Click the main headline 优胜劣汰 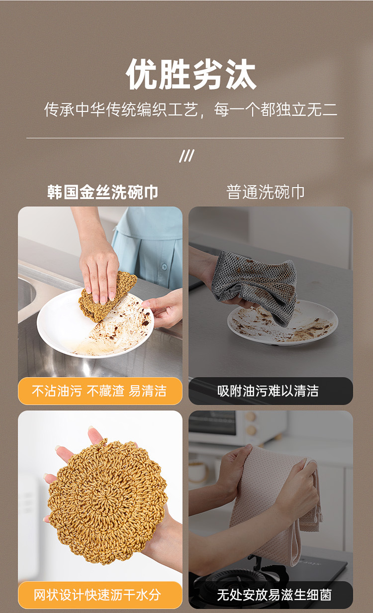pyautogui.click(x=191, y=74)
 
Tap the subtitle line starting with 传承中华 pyautogui.click(x=190, y=109)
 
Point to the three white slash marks pyautogui.click(x=187, y=156)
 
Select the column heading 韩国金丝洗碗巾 pyautogui.click(x=102, y=192)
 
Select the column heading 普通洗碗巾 pyautogui.click(x=266, y=192)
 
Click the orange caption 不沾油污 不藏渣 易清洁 pyautogui.click(x=99, y=391)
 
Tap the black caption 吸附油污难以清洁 pyautogui.click(x=268, y=391)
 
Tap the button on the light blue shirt pyautogui.click(x=164, y=266)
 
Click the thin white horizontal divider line pyautogui.click(x=186, y=138)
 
